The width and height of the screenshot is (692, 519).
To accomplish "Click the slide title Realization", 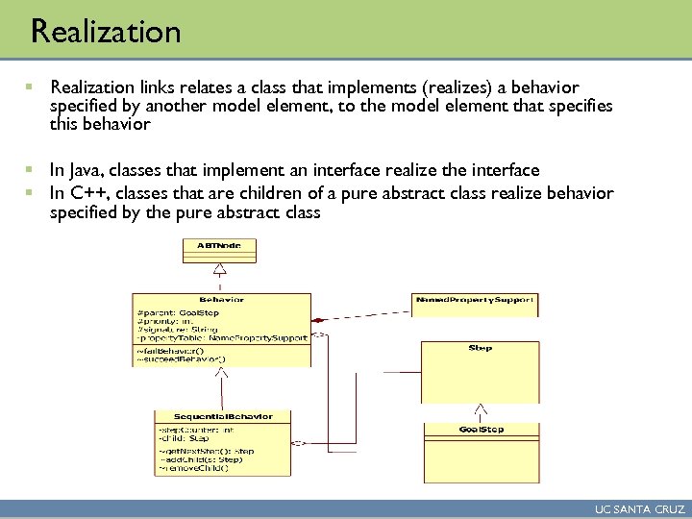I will click(x=106, y=32).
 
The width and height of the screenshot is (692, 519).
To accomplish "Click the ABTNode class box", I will click(x=219, y=248).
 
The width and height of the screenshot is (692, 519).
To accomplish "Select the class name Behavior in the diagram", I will click(x=221, y=299).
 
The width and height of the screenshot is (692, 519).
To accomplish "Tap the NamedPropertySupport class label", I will click(x=474, y=299).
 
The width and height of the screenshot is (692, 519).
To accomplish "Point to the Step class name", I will click(x=481, y=347).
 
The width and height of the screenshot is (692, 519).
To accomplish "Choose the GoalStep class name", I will click(x=481, y=429).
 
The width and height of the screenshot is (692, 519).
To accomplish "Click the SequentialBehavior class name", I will click(x=223, y=416).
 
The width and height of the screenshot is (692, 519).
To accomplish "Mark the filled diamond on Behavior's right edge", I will click(x=318, y=318).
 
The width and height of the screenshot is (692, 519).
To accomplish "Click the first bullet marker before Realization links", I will click(x=35, y=88).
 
